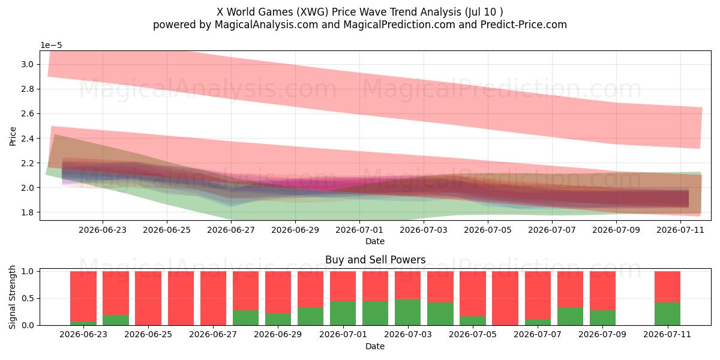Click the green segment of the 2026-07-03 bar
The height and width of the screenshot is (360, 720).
click(408, 312)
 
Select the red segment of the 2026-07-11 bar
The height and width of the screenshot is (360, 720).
click(667, 287)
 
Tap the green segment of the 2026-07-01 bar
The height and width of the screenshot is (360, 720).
click(343, 313)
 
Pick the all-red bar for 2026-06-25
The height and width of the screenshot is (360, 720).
click(148, 298)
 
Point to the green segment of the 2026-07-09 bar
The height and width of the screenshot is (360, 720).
click(602, 317)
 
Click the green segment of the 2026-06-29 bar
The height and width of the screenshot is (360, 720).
click(278, 319)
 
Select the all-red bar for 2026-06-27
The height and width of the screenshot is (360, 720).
click(213, 298)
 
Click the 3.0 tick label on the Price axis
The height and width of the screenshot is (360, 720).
click(28, 64)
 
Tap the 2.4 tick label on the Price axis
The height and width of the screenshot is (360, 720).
click(28, 139)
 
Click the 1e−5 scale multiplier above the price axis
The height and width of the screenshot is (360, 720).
click(51, 46)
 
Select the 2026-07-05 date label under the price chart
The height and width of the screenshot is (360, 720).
click(488, 230)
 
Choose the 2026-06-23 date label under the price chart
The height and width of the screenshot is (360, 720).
click(103, 230)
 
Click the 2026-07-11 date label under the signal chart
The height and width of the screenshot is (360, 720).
click(667, 335)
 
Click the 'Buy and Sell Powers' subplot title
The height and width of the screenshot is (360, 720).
click(375, 260)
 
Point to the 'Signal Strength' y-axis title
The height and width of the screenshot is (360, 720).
click(12, 298)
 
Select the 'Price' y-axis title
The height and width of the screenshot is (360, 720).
click(13, 137)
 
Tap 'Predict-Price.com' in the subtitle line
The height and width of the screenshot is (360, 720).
click(524, 25)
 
